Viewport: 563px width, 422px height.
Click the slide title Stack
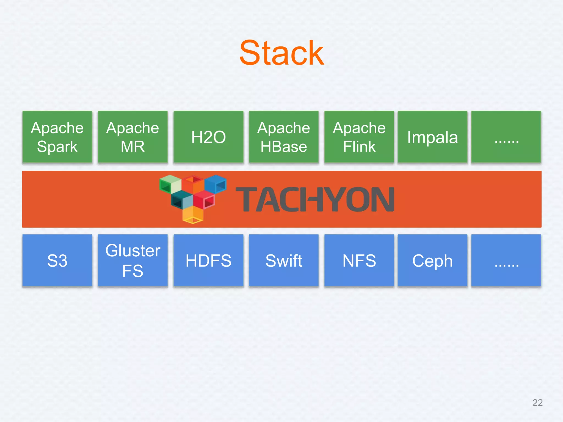point(281,53)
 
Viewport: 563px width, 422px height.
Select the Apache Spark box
point(57,137)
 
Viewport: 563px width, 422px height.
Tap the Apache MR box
point(133,137)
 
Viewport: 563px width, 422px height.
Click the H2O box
point(208,137)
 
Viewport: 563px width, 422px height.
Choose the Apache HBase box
point(284,137)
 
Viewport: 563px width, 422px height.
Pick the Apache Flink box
point(359,137)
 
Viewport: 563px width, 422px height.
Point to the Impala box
point(432,137)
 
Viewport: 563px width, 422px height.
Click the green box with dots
point(506,137)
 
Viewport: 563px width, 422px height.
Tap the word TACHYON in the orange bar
point(315,199)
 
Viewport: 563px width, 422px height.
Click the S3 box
point(57,260)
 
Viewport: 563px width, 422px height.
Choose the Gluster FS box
point(133,260)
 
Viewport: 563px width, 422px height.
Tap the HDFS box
point(208,260)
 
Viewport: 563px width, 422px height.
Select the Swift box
point(284,260)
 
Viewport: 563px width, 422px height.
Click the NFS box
point(359,260)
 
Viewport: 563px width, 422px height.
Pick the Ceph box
point(432,260)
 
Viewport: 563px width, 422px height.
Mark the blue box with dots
point(506,260)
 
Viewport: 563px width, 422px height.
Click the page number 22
point(537,402)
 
